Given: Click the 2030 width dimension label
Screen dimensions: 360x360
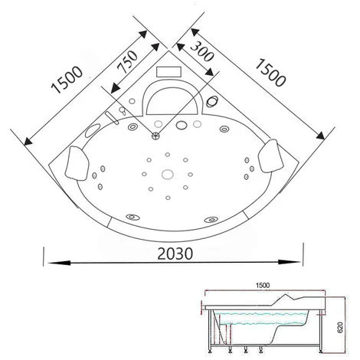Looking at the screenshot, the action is (175, 254).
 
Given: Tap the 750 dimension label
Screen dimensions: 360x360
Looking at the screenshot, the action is (127, 62).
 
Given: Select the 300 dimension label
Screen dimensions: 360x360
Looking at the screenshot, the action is (202, 52).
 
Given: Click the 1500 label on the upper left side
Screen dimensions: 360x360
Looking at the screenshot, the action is (67, 80).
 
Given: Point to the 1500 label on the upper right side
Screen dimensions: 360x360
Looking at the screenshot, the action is (270, 73).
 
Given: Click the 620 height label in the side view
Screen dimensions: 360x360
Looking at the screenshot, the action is (340, 327).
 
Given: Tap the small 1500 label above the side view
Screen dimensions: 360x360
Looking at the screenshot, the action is (263, 285).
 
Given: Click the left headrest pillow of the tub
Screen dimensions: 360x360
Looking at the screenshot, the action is (77, 163).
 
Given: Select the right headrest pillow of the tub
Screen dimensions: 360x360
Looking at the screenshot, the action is (270, 155).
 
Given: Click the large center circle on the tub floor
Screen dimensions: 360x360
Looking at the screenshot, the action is (168, 175).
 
